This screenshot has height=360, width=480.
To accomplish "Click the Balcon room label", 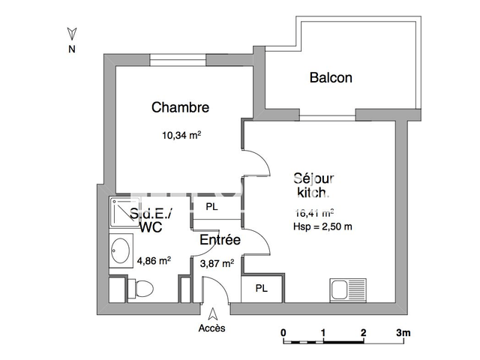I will (x=331, y=77).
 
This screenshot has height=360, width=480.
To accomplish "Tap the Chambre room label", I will (x=180, y=107).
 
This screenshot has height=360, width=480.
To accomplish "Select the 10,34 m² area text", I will (x=181, y=136).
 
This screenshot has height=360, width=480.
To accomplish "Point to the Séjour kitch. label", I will (x=313, y=185).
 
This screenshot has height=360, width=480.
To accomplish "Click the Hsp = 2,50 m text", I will (x=322, y=226).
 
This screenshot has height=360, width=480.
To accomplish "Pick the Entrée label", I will (x=219, y=241).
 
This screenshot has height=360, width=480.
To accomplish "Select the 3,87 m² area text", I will (x=217, y=262).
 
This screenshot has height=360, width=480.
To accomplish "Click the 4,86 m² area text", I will (x=154, y=261).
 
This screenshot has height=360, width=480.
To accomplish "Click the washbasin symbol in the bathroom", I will (x=119, y=249).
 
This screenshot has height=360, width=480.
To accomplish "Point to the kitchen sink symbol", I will (x=347, y=289).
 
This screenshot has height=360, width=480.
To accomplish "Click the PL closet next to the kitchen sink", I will (x=262, y=288).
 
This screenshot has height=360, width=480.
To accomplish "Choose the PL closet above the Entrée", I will (x=212, y=206).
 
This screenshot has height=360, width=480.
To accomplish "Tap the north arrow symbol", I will (x=72, y=33).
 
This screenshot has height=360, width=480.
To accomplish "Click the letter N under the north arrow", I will (x=72, y=50).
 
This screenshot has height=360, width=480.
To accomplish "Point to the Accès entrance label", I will (x=211, y=328).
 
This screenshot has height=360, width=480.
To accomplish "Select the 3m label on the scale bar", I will (x=404, y=331).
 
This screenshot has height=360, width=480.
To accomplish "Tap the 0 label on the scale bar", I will (x=283, y=331).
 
